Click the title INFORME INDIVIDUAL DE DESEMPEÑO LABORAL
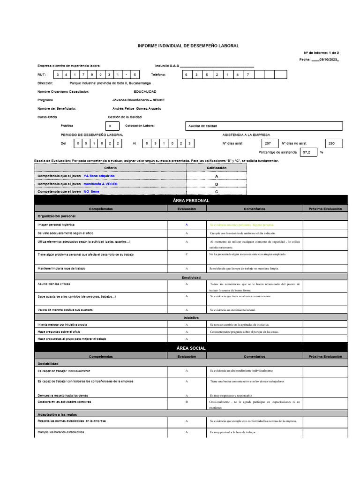point(188,45)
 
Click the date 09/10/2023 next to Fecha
point(328,60)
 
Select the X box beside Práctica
point(110,126)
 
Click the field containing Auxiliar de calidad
point(264,126)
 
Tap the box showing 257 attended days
point(268,143)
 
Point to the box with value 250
point(333,143)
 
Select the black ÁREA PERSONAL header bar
point(191,201)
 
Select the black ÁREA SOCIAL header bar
point(191,348)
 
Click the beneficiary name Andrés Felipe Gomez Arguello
point(137,108)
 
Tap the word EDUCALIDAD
point(145,91)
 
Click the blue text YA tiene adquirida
point(99,176)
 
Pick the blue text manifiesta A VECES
point(100,184)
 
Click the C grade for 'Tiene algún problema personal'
point(187,254)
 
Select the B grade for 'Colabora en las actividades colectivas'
point(187,402)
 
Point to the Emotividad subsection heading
point(191,277)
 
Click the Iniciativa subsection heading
point(191,318)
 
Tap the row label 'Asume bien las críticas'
point(54,284)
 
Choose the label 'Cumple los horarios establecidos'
point(61,432)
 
